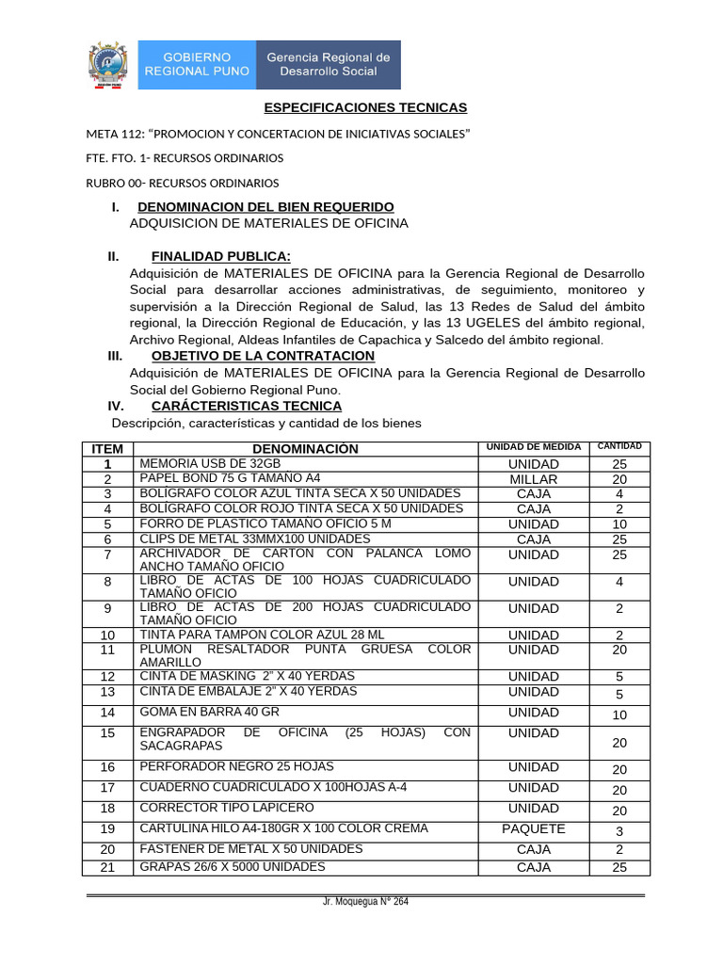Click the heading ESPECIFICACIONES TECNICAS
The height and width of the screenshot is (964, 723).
tap(365, 108)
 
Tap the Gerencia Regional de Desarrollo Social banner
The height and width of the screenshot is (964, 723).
tap(329, 64)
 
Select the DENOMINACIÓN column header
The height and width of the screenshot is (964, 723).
tap(305, 449)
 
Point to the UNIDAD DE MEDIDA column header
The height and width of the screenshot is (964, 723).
tap(534, 446)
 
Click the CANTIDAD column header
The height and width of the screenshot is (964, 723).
tap(620, 445)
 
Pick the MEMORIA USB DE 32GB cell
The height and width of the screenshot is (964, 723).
tap(210, 464)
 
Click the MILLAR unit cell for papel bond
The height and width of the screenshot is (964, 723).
tap(534, 479)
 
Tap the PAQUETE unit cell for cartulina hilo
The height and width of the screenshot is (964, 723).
tap(534, 829)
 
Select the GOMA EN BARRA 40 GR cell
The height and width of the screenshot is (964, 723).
tap(199, 713)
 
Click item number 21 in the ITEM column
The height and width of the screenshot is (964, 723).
tap(107, 868)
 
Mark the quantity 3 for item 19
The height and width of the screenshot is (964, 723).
tap(619, 831)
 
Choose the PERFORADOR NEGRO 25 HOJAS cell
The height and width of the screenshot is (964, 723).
tap(236, 767)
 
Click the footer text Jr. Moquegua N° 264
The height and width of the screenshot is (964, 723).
tap(365, 902)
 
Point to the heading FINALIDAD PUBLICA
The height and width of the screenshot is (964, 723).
tap(221, 257)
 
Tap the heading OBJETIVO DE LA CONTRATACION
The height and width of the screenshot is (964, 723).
tap(263, 356)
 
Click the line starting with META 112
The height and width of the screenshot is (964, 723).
tap(278, 134)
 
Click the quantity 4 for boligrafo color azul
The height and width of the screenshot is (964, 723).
tap(619, 494)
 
